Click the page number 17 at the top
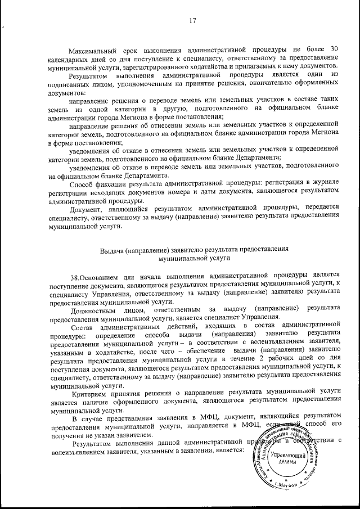pos(192,21)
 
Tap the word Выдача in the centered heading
pos(112,249)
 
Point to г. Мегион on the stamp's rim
pos(287,485)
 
